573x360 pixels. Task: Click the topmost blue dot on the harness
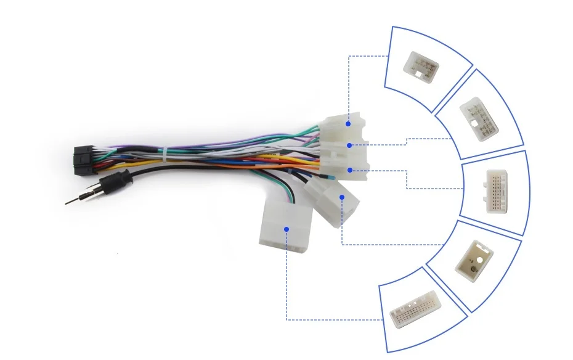[x=348, y=123]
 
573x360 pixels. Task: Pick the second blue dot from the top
[x=349, y=145]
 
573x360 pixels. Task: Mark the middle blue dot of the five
[x=350, y=170]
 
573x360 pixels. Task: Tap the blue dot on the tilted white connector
[x=342, y=197]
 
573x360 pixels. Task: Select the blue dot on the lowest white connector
[x=286, y=229]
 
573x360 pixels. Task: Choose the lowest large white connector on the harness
[x=284, y=227]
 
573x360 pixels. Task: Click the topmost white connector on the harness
[x=342, y=129]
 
